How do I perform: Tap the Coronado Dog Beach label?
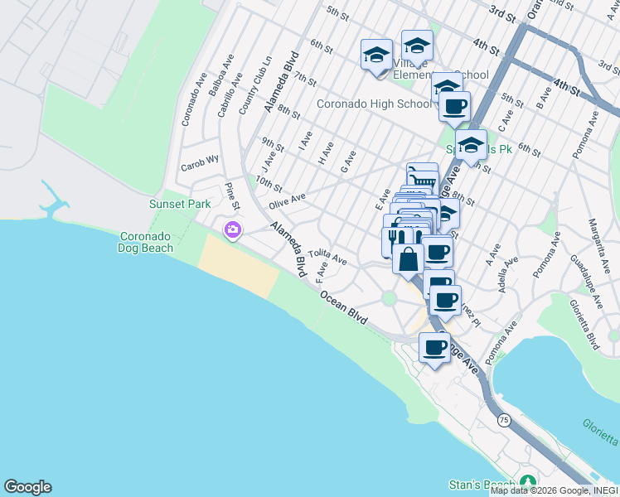(147, 241)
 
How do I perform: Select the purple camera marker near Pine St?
(233, 229)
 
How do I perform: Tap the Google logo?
(27, 487)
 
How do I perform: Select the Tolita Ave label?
(327, 258)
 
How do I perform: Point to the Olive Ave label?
(287, 200)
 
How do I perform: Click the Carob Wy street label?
(201, 161)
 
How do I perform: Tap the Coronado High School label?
(374, 104)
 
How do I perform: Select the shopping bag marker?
(409, 259)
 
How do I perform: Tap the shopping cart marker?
(422, 176)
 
